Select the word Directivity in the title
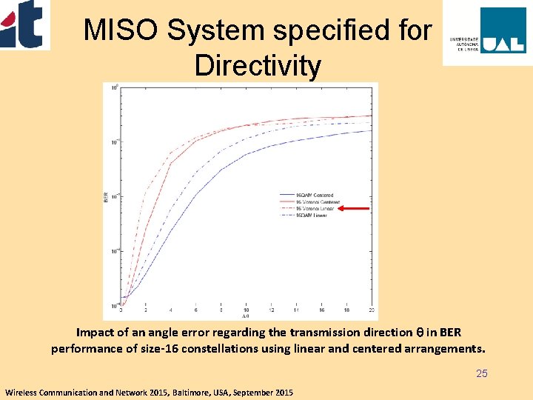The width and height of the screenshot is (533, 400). (x=258, y=66)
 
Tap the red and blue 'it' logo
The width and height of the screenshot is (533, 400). (x=25, y=24)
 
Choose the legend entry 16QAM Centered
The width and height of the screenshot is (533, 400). (x=315, y=196)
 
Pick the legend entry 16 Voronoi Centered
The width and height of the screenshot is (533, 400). (x=318, y=202)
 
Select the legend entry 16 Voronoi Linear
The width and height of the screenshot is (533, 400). (x=315, y=209)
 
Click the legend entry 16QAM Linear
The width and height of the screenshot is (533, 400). (x=312, y=216)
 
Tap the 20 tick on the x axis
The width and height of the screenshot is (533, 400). (x=371, y=310)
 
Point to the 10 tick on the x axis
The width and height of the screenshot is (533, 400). (x=246, y=310)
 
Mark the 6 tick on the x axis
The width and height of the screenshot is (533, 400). (x=195, y=310)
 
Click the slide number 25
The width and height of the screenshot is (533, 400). (x=482, y=373)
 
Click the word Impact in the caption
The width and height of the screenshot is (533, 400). (x=95, y=333)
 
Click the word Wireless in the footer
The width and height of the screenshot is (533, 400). (x=22, y=391)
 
